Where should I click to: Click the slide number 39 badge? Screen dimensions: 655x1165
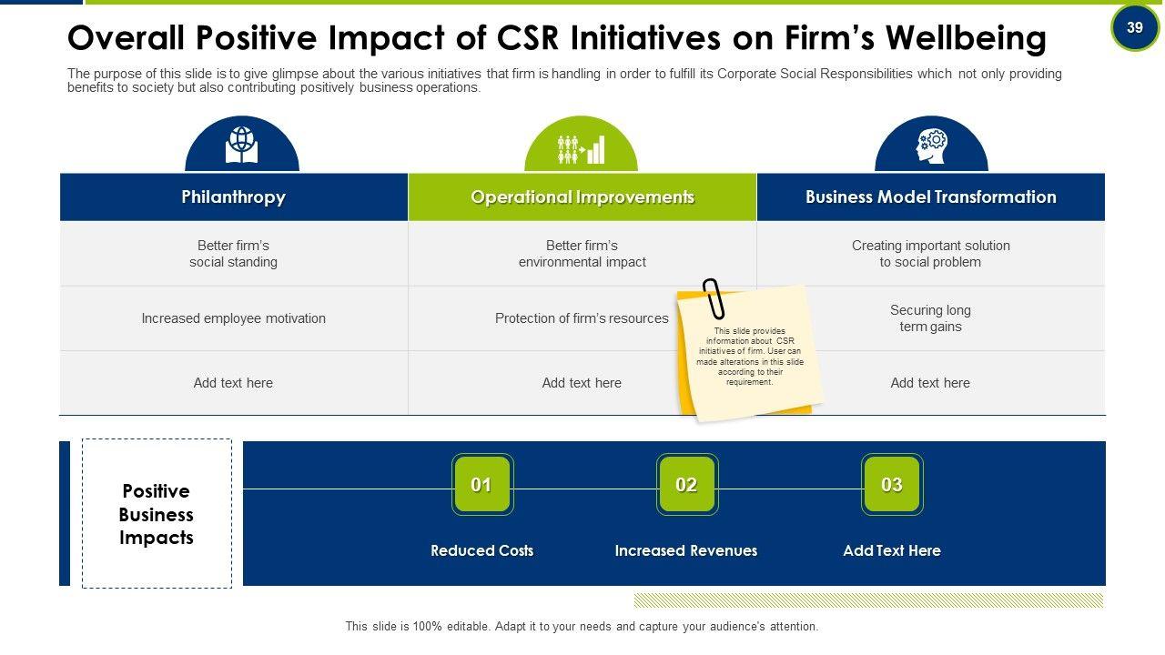point(1134,27)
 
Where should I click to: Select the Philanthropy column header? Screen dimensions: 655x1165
point(233,196)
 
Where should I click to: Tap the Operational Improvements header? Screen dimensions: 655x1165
point(582,196)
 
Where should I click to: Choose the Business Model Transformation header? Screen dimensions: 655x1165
point(930,196)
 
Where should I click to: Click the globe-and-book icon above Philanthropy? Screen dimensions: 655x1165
point(241,146)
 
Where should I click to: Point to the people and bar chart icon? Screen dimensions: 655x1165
point(581,148)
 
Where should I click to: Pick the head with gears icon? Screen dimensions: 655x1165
point(931,146)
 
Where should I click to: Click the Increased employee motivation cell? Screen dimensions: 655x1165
point(233,318)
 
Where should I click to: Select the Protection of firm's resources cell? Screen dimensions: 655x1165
point(582,318)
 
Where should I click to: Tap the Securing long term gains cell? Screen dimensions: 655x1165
point(930,318)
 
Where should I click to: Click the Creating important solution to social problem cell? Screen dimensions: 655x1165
point(930,254)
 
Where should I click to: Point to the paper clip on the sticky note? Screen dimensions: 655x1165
point(714,298)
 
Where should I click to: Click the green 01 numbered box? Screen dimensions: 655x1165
point(481,485)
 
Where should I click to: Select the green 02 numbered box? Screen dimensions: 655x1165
point(686,485)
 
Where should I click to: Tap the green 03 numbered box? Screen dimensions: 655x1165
point(892,485)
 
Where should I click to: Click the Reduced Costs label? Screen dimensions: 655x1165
point(481,550)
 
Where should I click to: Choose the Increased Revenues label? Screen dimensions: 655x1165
point(685,550)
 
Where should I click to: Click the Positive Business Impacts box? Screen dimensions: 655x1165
point(157,514)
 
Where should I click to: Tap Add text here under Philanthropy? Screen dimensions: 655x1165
point(233,383)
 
